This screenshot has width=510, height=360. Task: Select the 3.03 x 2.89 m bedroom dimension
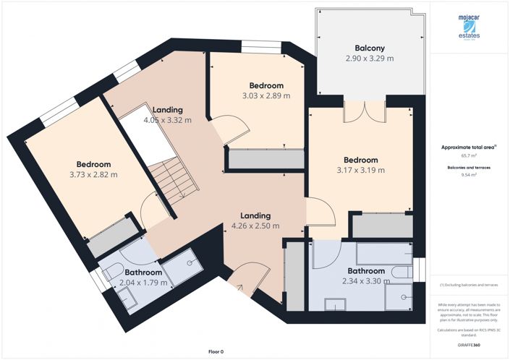265,95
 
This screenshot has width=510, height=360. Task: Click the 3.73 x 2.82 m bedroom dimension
93,174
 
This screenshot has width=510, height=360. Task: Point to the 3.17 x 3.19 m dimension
360,171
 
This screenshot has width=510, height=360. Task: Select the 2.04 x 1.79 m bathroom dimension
143,283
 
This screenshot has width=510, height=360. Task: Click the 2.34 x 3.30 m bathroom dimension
365,282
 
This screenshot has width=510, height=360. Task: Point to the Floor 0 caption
216,351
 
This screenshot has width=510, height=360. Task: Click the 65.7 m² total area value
468,155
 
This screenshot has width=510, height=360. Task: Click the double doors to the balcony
364,111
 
